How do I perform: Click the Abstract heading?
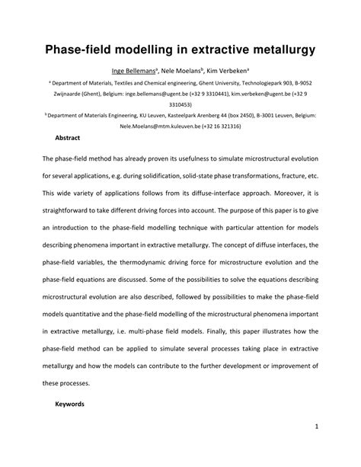69,140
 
